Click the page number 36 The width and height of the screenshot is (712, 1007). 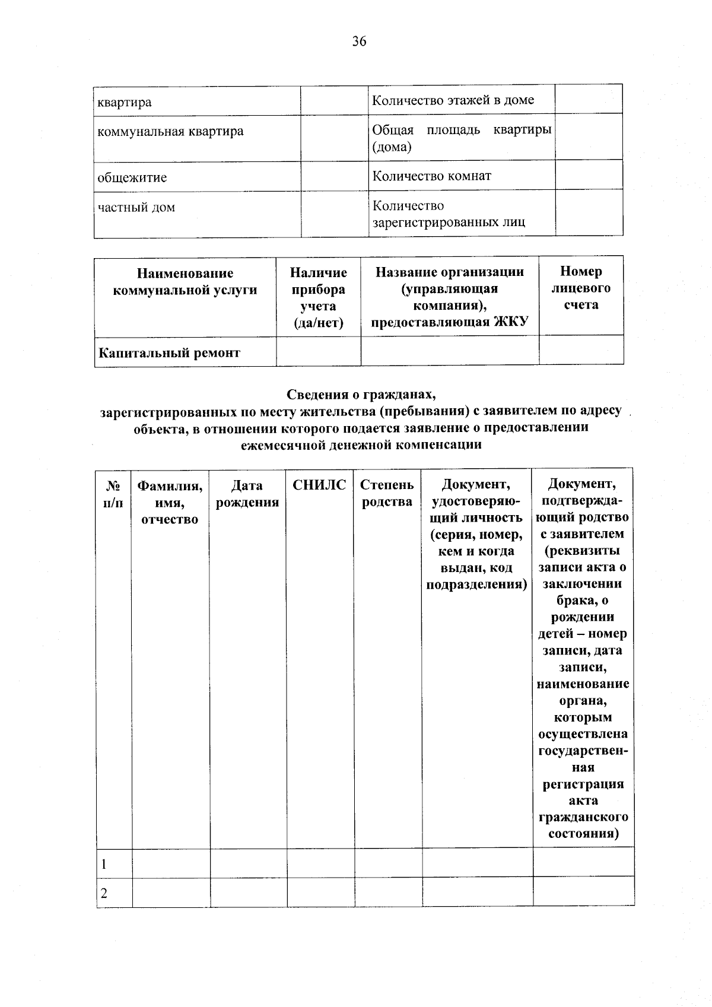[359, 41]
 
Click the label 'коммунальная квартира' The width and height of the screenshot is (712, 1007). [170, 131]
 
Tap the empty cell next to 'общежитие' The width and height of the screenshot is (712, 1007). [334, 176]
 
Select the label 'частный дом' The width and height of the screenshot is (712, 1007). [136, 208]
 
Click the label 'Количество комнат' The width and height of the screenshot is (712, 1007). [431, 176]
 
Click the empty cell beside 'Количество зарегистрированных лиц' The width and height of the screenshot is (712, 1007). [589, 213]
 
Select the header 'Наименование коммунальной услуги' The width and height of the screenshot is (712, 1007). [185, 282]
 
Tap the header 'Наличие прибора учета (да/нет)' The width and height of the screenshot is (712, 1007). [319, 297]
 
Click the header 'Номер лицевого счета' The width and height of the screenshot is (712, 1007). [581, 288]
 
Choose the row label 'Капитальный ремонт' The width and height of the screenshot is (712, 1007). [169, 353]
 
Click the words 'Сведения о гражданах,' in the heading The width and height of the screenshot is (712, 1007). [361, 394]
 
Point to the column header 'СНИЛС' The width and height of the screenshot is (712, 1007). [319, 485]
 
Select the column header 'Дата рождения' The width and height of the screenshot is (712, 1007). [247, 494]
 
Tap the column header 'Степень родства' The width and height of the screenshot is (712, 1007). [387, 494]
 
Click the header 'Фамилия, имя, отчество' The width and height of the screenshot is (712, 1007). [170, 502]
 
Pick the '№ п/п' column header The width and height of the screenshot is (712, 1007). [113, 494]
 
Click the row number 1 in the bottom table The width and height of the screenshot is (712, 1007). [104, 864]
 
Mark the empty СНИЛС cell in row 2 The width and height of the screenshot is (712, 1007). [320, 893]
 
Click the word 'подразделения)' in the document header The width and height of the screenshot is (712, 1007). [476, 584]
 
